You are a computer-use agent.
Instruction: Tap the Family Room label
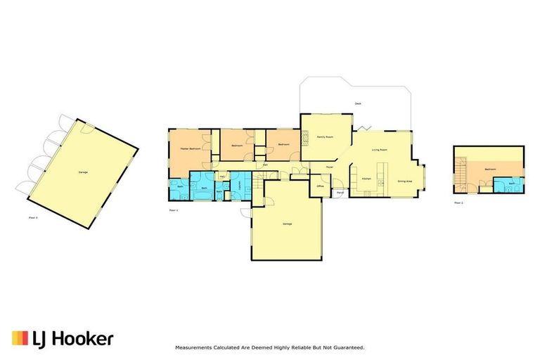324,136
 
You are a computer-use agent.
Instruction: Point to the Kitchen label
366,179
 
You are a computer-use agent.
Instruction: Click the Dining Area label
404,181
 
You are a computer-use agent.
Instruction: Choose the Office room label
320,186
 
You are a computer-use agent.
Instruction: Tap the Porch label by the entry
340,193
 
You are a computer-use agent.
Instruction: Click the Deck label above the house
357,104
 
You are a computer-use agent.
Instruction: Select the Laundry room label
240,184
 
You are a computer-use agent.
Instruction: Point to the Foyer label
328,167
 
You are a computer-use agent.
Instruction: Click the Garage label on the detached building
83,172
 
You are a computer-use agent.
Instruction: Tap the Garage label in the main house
287,224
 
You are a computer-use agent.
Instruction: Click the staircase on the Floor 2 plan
462,174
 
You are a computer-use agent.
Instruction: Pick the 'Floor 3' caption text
33,218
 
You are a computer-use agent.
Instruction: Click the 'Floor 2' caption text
458,202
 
